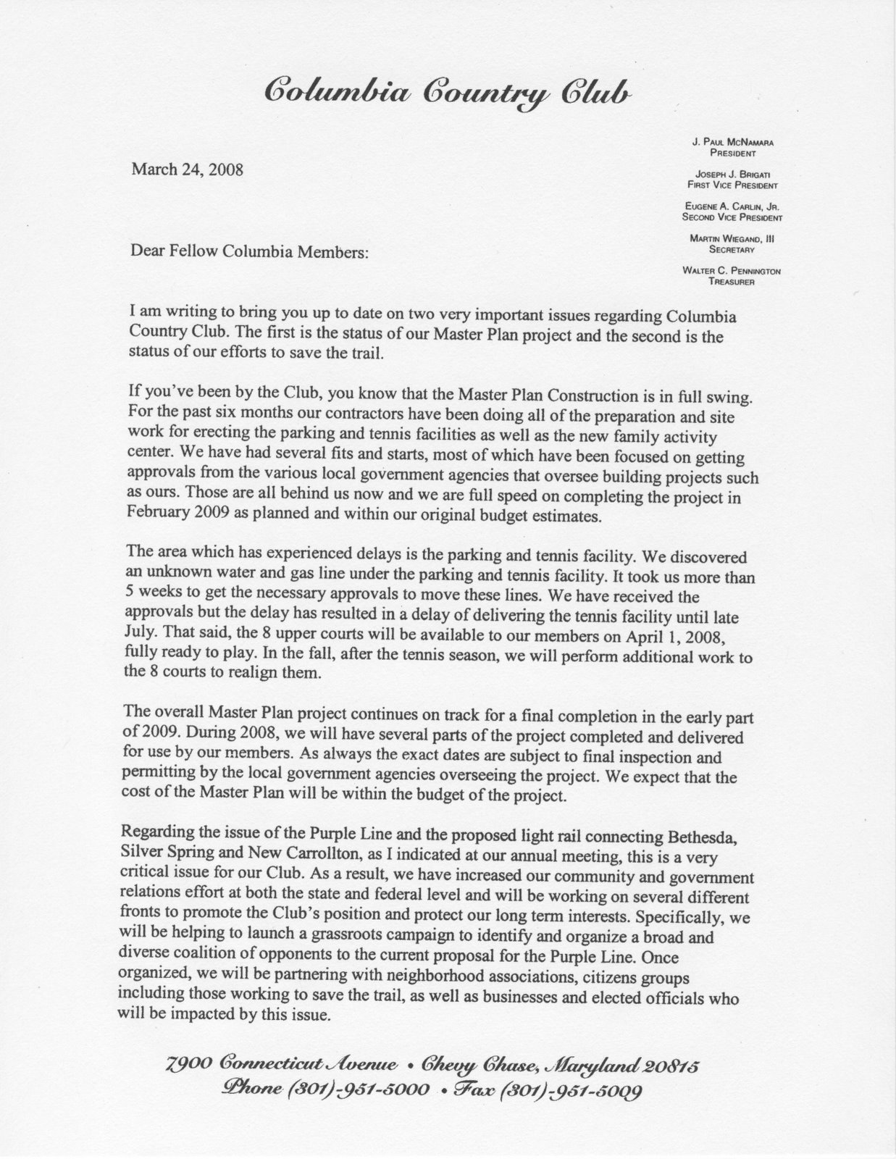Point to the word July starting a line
pos(139,632)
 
